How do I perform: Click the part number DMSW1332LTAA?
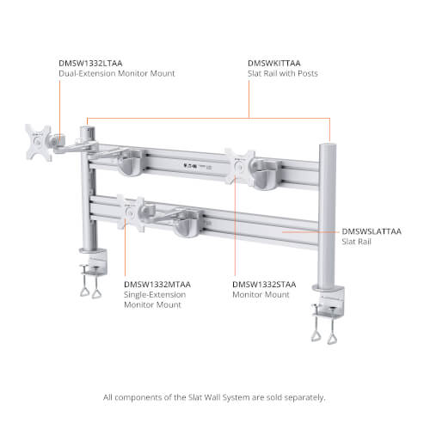(90, 63)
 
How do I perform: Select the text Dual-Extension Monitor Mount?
(117, 73)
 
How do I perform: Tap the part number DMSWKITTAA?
(274, 63)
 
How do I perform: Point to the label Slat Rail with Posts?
(283, 73)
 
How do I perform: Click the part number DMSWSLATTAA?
(372, 231)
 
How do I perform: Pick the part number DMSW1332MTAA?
(157, 285)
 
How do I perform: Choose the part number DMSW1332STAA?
(264, 285)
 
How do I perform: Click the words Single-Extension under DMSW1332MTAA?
(155, 295)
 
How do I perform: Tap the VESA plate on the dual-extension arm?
(39, 142)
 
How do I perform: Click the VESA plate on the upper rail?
(240, 166)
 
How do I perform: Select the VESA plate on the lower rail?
(131, 212)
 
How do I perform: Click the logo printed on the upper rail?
(190, 165)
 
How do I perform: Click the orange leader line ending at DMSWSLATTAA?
(310, 232)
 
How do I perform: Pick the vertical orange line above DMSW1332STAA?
(235, 227)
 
